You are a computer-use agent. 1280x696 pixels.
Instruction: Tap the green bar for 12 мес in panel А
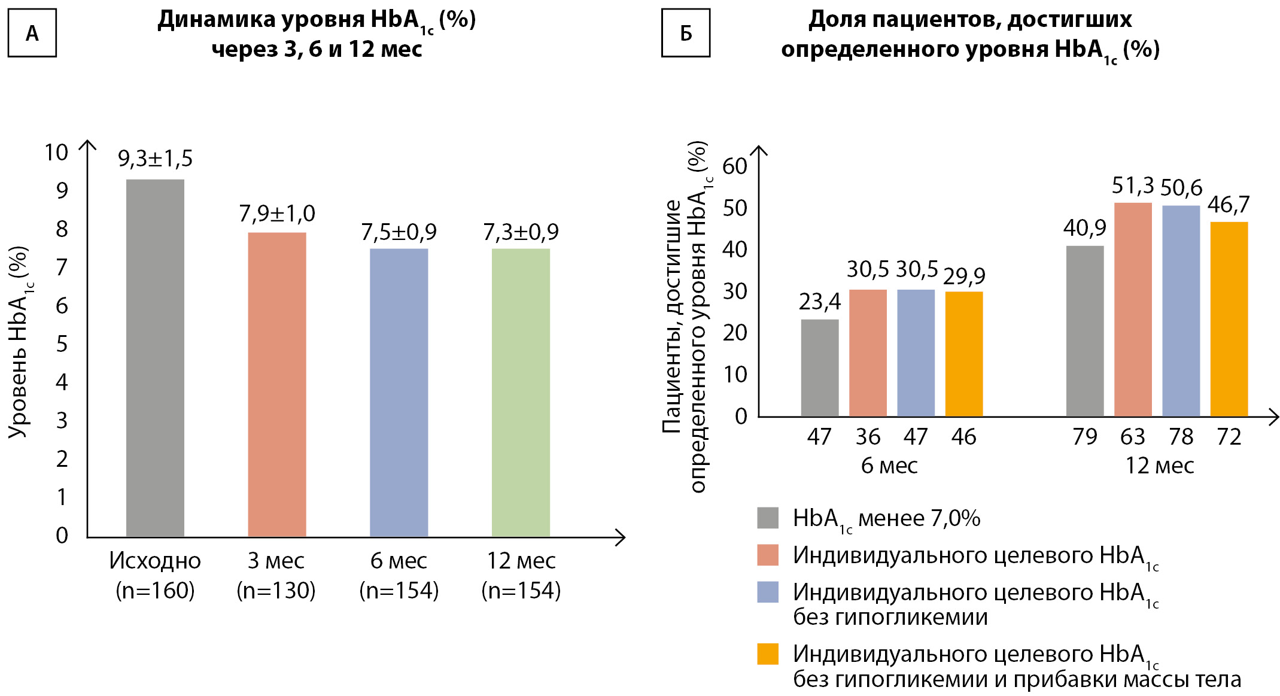[x=521, y=392]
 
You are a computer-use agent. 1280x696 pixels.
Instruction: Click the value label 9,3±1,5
[x=155, y=159]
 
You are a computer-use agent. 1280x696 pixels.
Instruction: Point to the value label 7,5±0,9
[x=399, y=232]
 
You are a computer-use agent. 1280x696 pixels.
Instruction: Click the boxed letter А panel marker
[x=32, y=33]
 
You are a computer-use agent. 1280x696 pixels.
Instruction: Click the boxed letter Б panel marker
[x=686, y=33]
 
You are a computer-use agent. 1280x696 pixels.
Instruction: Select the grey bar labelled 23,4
[x=820, y=367]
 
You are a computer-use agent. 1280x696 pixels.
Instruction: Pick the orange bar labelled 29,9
[x=964, y=354]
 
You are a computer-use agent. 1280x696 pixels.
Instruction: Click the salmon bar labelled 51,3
[x=1133, y=309]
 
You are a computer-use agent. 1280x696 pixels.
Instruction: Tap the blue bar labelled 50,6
[x=1181, y=311]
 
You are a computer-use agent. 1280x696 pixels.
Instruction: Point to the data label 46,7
[x=1229, y=205]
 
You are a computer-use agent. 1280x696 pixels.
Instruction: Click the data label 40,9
[x=1084, y=228]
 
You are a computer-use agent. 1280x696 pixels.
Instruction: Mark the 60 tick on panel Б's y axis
[x=735, y=166]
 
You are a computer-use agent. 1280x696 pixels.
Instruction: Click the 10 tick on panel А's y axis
[x=56, y=153]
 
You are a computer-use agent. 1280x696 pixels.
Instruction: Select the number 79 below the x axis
[x=1085, y=437]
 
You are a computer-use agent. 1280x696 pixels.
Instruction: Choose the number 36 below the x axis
[x=868, y=437]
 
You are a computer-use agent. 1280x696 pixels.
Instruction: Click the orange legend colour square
[x=768, y=654]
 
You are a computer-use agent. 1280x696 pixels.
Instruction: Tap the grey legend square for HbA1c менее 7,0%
[x=768, y=518]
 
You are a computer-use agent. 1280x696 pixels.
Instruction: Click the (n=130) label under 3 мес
[x=276, y=591]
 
